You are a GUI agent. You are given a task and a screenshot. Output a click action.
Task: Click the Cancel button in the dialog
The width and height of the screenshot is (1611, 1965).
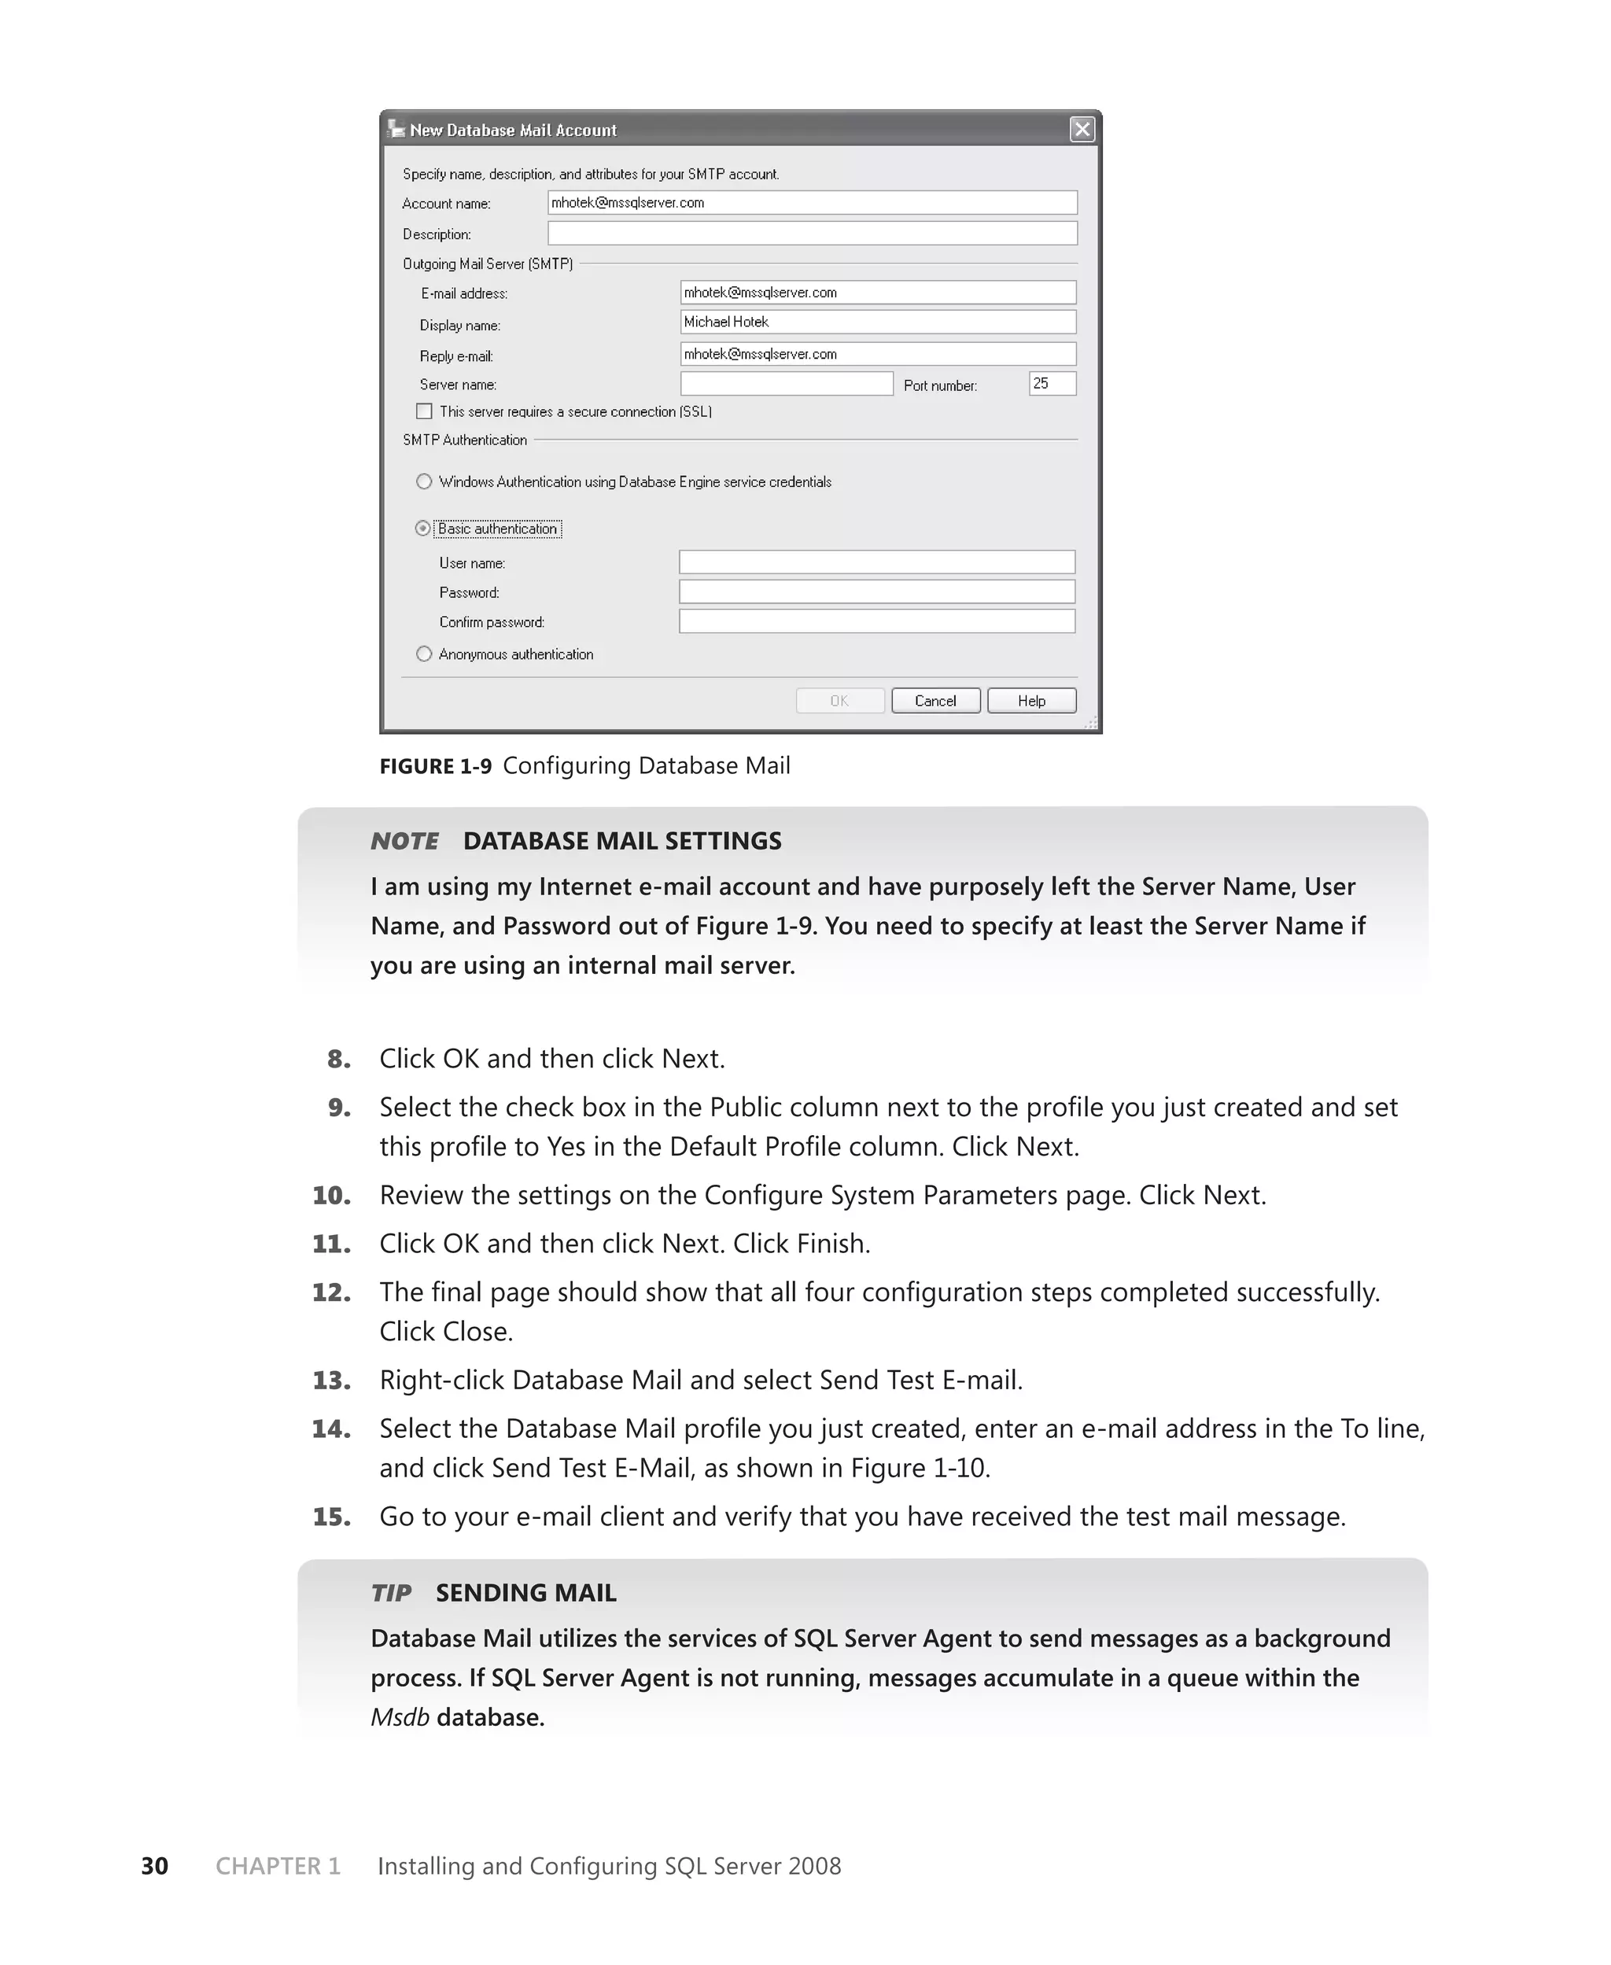pyautogui.click(x=935, y=700)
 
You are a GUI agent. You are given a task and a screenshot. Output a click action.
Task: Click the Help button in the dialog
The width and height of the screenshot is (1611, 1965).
pyautogui.click(x=1031, y=700)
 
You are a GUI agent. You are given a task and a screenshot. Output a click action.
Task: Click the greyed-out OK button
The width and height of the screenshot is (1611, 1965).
pyautogui.click(x=839, y=700)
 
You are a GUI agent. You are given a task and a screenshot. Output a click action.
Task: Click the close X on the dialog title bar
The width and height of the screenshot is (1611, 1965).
pyautogui.click(x=1082, y=129)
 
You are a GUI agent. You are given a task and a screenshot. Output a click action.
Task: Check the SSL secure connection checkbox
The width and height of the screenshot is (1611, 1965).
pyautogui.click(x=424, y=411)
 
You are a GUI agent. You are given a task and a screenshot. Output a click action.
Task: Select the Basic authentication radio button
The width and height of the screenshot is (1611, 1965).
pyautogui.click(x=423, y=529)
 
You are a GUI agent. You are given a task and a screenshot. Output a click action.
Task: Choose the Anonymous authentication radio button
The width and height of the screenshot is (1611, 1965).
pyautogui.click(x=424, y=654)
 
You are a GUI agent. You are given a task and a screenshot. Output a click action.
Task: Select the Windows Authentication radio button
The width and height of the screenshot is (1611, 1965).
pyautogui.click(x=424, y=481)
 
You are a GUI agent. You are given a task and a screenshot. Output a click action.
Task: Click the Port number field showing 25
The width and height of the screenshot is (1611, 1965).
pyautogui.click(x=1052, y=383)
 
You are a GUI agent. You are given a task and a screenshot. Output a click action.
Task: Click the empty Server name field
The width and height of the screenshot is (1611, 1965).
pyautogui.click(x=786, y=383)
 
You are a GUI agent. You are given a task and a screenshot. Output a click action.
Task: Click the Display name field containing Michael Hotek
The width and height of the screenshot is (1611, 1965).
pyautogui.click(x=877, y=322)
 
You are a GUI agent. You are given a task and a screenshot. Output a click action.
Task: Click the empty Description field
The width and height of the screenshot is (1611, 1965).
pyautogui.click(x=812, y=233)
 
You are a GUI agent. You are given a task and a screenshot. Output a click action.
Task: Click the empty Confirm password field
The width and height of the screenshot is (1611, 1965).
pyautogui.click(x=877, y=621)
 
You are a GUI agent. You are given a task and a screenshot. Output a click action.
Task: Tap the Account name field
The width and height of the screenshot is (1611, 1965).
pyautogui.click(x=812, y=202)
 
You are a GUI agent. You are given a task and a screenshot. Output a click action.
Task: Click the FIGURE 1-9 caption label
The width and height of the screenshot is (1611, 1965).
pyautogui.click(x=435, y=766)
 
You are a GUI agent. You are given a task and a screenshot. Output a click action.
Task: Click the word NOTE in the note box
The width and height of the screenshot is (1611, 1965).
pyautogui.click(x=404, y=841)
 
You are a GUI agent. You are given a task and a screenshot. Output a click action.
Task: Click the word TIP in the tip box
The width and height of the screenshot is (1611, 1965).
pyautogui.click(x=391, y=1593)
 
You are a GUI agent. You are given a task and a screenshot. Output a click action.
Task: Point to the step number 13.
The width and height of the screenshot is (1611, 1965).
pyautogui.click(x=331, y=1381)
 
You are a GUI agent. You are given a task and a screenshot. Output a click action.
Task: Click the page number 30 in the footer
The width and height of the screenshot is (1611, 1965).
pyautogui.click(x=154, y=1866)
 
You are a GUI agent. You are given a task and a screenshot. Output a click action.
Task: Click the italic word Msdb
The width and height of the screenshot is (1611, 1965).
pyautogui.click(x=400, y=1717)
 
